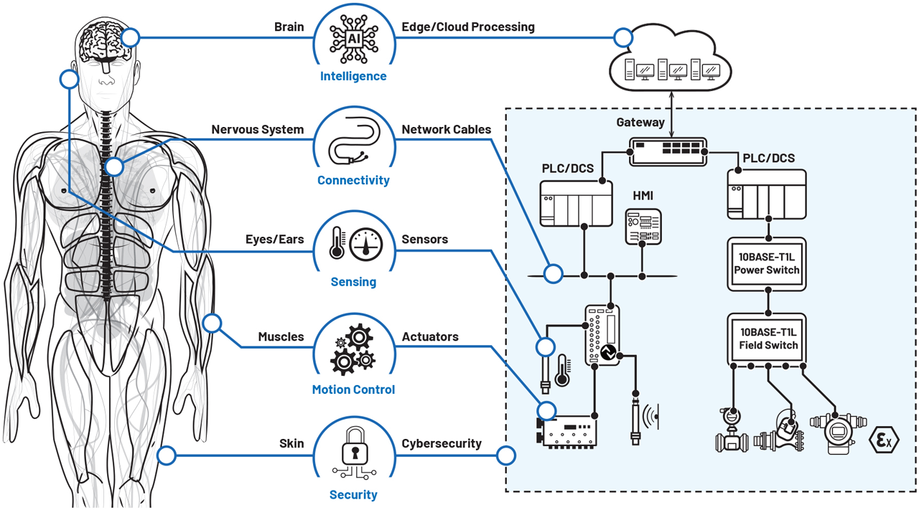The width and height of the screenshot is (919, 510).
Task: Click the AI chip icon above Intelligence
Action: [353, 39]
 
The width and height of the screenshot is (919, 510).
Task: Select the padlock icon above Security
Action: [353, 452]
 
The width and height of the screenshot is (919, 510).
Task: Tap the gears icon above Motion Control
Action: [353, 349]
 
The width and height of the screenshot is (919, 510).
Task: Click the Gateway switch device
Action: [668, 151]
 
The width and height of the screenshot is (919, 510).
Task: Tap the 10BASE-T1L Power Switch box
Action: [767, 263]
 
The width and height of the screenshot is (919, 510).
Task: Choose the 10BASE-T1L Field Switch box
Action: [767, 339]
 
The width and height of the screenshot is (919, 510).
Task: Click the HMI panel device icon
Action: [643, 227]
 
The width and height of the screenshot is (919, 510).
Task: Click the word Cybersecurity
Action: [441, 443]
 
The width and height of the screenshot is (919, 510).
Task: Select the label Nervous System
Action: [257, 130]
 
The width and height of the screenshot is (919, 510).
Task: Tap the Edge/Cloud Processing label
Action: [467, 27]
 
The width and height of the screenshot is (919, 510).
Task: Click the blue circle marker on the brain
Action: [130, 37]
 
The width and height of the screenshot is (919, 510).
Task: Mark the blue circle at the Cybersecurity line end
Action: [506, 455]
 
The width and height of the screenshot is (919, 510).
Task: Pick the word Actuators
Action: [430, 336]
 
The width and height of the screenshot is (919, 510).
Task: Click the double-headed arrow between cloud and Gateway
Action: [671, 120]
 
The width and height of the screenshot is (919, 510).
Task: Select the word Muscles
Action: [281, 336]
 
